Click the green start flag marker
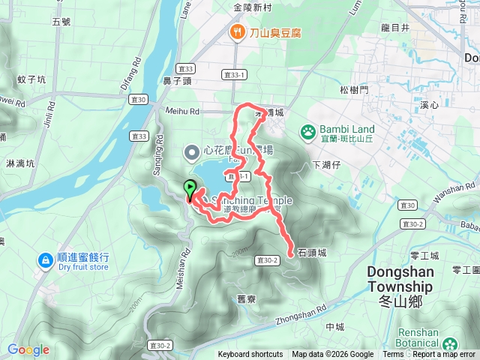(x=190, y=188)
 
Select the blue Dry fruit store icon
(x=45, y=260)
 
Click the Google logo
(x=28, y=349)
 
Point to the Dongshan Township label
(x=400, y=279)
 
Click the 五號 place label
(x=61, y=22)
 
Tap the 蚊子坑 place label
(x=31, y=79)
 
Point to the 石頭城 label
(x=313, y=253)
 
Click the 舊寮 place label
(x=247, y=299)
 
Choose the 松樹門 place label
(x=354, y=89)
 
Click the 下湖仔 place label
(x=327, y=163)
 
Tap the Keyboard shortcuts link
(x=250, y=355)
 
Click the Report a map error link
(x=444, y=355)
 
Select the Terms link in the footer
(x=393, y=355)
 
